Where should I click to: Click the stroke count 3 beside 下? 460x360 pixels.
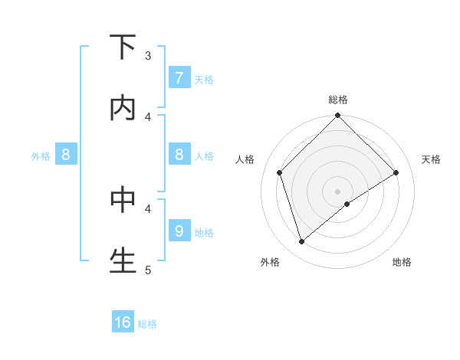click(148, 55)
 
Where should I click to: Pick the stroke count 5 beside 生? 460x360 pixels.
click(148, 269)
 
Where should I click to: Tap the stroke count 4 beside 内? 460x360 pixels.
click(148, 116)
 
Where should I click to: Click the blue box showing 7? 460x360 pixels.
click(179, 78)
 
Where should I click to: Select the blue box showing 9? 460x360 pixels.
click(179, 231)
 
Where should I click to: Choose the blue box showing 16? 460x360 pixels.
click(123, 322)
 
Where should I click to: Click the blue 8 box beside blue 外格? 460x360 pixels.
click(66, 155)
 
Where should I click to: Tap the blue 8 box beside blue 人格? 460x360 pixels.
click(179, 155)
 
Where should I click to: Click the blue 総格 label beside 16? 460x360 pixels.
click(147, 324)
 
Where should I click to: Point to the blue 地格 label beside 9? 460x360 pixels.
click(204, 232)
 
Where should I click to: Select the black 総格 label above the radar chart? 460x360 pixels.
click(338, 100)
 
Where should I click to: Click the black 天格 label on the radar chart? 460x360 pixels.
click(431, 159)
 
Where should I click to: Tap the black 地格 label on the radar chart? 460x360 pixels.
click(402, 262)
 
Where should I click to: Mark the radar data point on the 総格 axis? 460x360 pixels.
click(338, 116)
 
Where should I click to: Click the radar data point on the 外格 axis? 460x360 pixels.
click(301, 242)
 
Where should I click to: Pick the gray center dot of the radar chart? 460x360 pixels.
click(338, 191)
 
